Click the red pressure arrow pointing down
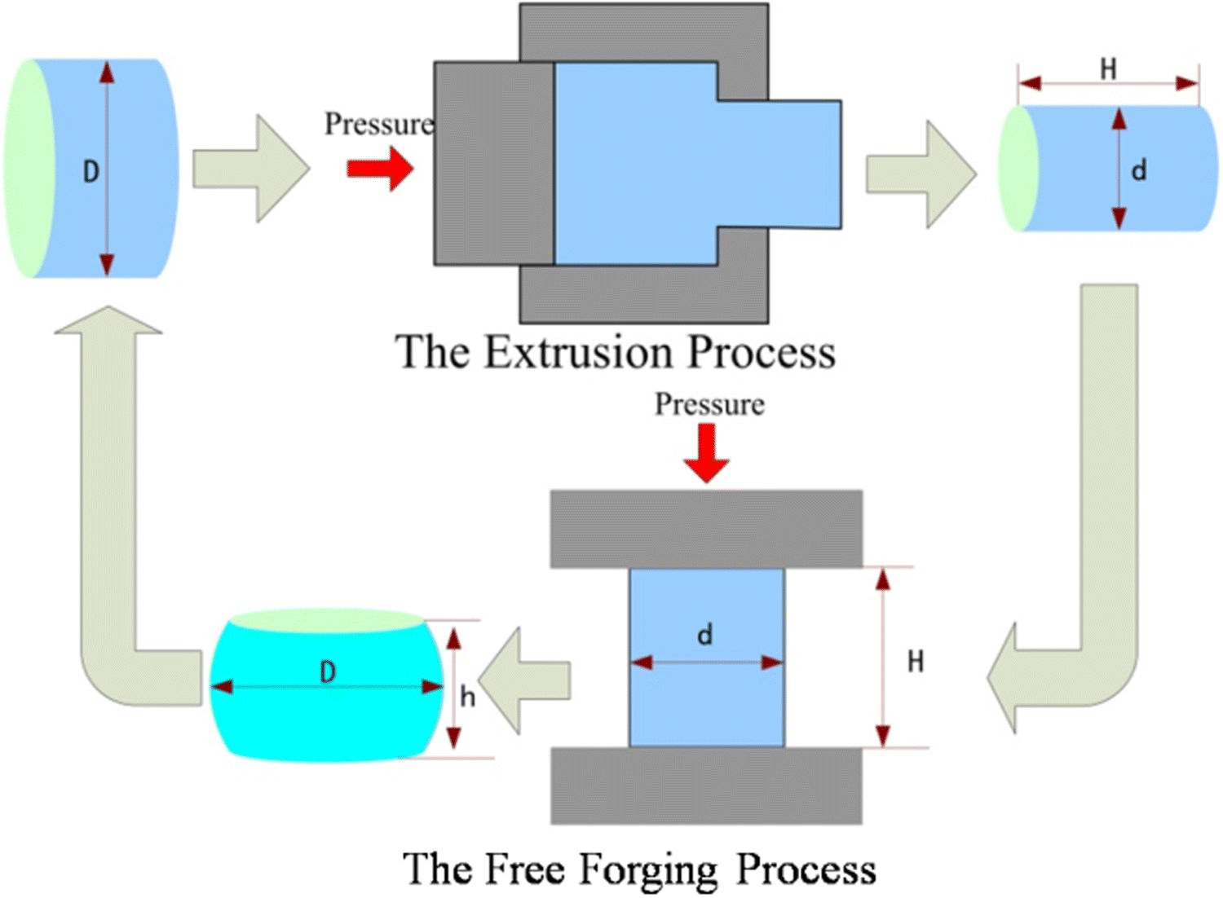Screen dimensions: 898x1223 coord(706,453)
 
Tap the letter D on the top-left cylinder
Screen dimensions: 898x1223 coord(91,171)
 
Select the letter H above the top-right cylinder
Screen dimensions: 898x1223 coord(1108,69)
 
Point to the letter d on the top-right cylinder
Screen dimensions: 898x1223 coord(1139,170)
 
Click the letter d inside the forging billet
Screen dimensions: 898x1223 coord(705,633)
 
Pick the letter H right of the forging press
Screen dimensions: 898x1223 coord(916,661)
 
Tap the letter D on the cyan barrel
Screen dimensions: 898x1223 coord(328,672)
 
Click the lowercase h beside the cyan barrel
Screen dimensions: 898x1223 coord(467,697)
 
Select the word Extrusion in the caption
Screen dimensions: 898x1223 coord(578,352)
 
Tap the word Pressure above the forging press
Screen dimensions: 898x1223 coord(709,404)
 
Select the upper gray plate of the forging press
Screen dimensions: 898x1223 coord(706,528)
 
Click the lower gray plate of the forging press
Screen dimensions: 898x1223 coord(706,786)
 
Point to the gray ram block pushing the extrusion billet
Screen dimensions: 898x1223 coord(494,164)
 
